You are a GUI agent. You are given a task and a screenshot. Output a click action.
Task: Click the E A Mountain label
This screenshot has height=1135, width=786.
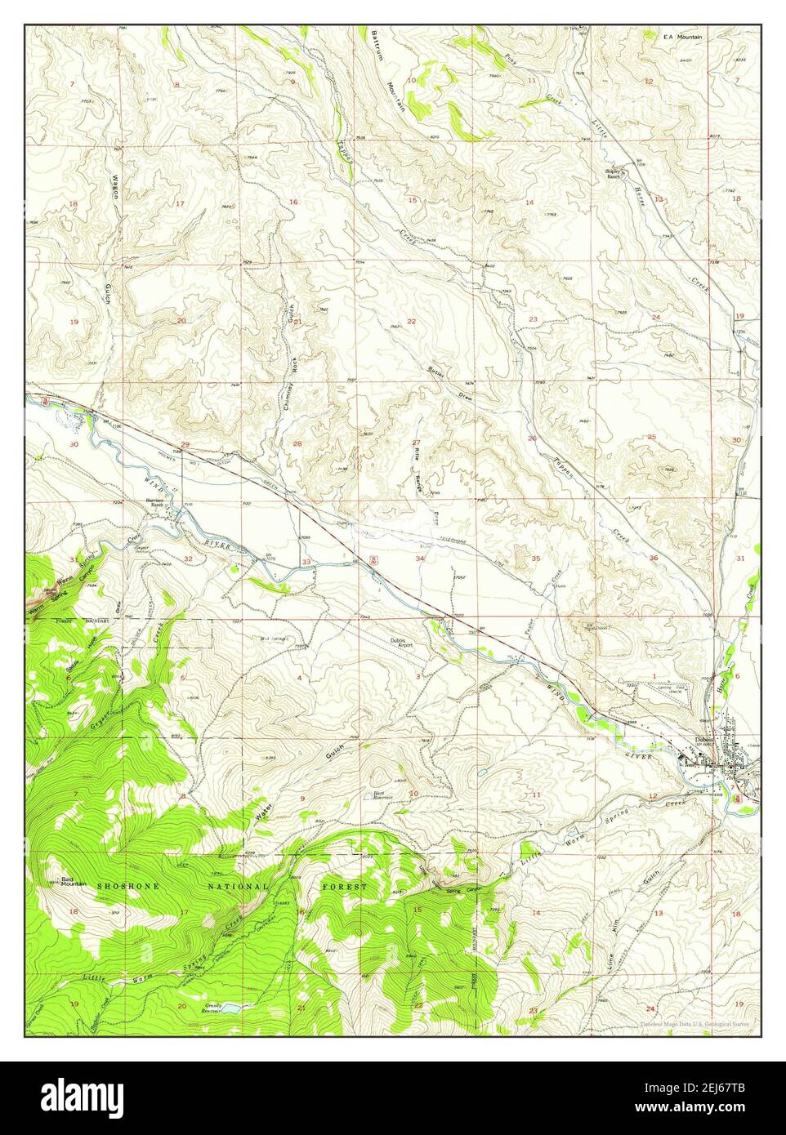(683, 36)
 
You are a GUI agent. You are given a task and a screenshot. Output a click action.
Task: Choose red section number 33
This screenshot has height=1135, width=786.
(306, 562)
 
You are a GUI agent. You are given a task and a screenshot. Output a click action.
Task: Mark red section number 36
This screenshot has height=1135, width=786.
(654, 558)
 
